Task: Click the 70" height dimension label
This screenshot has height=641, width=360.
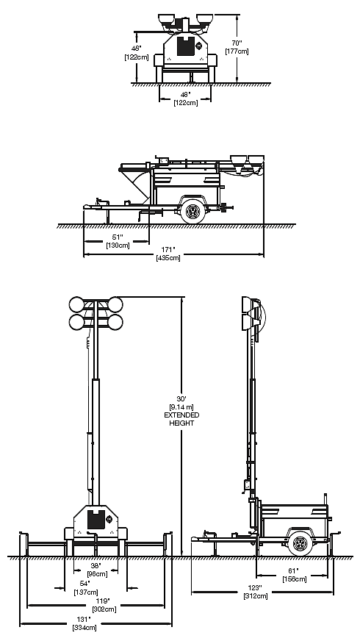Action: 237,43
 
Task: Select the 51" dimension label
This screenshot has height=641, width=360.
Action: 118,237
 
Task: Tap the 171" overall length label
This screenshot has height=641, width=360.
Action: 168,249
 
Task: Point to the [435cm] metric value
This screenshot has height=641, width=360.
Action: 168,257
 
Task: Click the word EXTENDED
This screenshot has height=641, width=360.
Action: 182,415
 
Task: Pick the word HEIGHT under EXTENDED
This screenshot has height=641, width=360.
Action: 182,423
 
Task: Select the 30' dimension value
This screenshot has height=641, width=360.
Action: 181,398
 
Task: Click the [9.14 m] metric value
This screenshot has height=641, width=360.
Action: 181,407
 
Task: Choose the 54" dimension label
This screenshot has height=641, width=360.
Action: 85,584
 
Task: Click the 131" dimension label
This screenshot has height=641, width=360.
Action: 84,620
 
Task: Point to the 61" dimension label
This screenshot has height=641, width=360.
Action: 294,570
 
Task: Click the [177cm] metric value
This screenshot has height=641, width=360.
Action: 237,51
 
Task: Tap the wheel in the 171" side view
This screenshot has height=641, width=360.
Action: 192,211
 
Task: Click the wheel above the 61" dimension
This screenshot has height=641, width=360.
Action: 300,544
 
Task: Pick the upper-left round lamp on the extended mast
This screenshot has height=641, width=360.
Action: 76,304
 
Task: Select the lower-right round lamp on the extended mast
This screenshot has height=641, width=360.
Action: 115,322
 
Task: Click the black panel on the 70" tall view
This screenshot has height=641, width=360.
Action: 186,46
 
